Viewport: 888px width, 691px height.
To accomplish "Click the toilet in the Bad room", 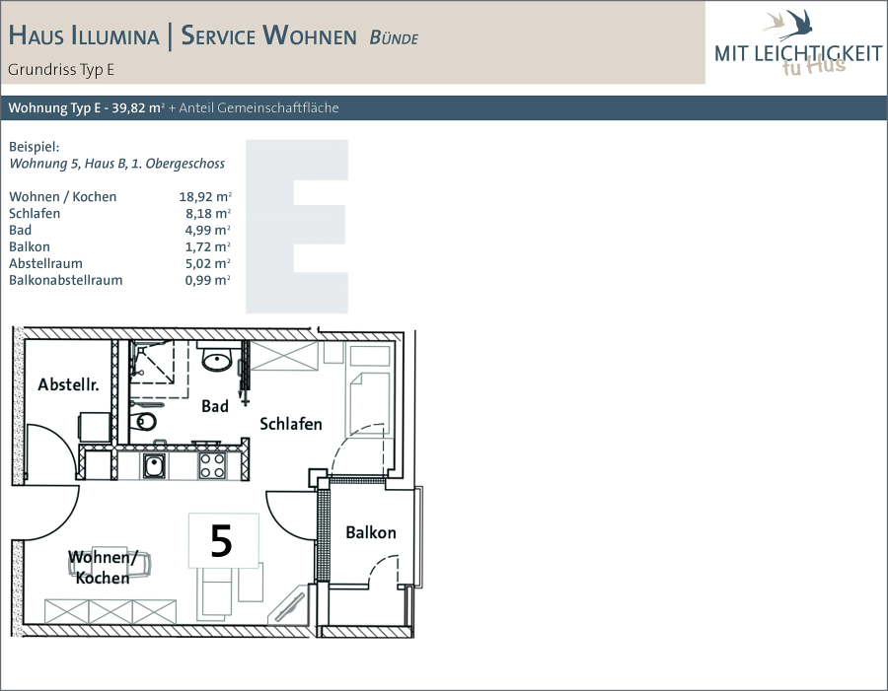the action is coord(144,421).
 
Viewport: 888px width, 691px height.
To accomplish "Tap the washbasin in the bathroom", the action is coord(216,359).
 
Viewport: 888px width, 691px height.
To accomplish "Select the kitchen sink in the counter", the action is coord(154,466).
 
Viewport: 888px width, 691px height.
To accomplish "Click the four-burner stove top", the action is coord(212,466).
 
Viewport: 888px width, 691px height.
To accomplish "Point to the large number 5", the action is coord(221,540).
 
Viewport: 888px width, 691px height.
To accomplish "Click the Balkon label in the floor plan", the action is coord(371,532).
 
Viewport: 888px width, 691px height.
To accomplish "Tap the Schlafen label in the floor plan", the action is coord(291,424).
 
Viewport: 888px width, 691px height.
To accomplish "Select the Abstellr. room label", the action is coord(68,384).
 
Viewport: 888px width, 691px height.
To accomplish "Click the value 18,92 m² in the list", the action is coord(205,196).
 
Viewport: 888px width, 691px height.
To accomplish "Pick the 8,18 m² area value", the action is coord(208,213).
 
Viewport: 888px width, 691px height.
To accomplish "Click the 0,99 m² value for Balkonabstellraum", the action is coord(207,280).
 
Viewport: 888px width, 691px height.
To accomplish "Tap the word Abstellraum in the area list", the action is coord(45,263).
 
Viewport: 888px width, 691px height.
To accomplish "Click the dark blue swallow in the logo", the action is coord(797,25).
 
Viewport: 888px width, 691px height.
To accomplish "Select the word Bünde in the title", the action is coord(394,37).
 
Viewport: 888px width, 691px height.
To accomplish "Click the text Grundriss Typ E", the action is coord(61,70).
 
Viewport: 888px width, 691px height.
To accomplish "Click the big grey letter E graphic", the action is coord(297,227).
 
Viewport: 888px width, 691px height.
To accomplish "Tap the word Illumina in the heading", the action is coord(115,35).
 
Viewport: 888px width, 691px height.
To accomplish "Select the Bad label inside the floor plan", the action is coord(215,406).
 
